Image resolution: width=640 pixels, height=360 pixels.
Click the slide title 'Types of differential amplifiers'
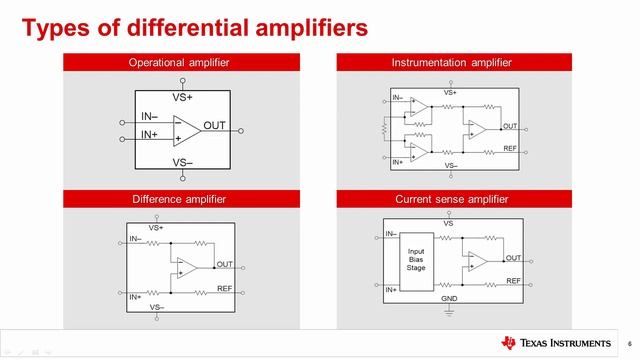pos(195,28)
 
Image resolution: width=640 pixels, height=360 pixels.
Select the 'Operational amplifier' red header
pos(181,62)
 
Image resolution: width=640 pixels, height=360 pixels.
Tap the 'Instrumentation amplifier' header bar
pos(454,62)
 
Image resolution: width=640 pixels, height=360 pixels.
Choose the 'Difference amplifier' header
pos(181,199)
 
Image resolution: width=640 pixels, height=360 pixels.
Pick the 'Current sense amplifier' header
pos(454,199)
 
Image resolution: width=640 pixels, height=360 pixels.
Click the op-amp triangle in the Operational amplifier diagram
pos(186,131)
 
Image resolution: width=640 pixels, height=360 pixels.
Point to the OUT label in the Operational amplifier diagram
pos(214,125)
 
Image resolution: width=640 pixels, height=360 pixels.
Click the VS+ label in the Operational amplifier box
pos(182,98)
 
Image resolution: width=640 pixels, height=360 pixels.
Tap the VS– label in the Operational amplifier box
pos(182,162)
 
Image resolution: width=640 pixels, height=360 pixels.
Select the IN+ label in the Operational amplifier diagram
pos(149,134)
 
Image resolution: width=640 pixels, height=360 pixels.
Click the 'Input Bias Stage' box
pos(416,262)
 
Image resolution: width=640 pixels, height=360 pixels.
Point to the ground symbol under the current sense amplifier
pos(449,313)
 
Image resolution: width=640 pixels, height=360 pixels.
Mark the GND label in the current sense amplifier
pos(449,299)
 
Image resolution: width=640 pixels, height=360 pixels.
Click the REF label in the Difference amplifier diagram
pos(224,288)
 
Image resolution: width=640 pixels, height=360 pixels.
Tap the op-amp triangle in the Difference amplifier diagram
pos(186,268)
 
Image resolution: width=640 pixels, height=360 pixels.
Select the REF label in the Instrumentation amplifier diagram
pos(510,148)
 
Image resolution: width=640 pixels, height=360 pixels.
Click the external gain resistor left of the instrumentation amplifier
pos(384,129)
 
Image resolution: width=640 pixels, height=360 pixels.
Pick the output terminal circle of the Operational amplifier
pos(241,131)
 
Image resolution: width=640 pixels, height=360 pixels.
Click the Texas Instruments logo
pos(556,343)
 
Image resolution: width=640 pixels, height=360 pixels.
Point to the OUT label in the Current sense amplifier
pos(513,258)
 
